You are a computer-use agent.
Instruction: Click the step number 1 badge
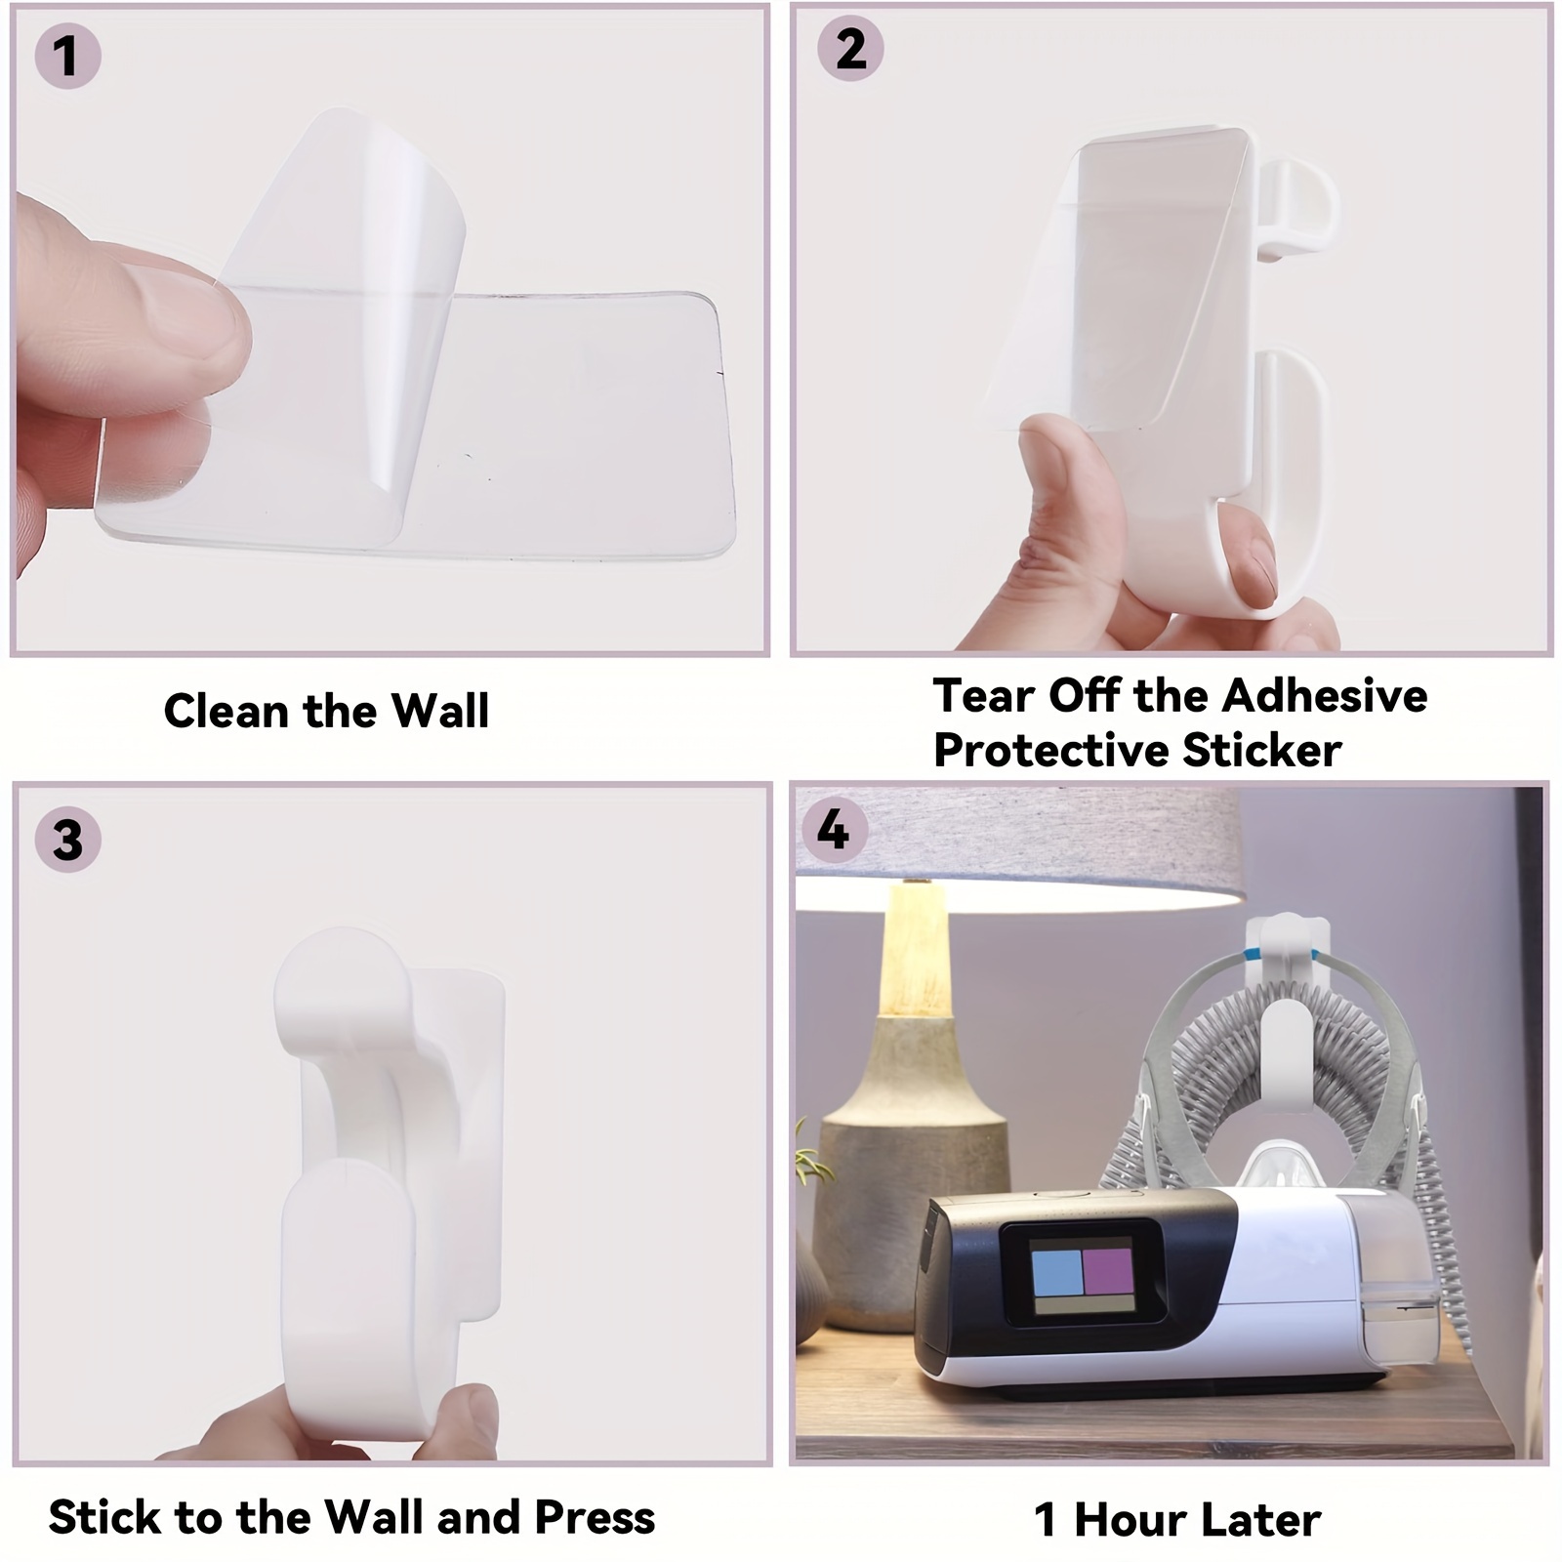pyautogui.click(x=67, y=57)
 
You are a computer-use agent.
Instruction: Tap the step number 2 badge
pyautogui.click(x=849, y=48)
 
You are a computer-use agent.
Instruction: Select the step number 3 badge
pyautogui.click(x=67, y=839)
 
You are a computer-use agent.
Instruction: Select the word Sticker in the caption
pyautogui.click(x=1261, y=751)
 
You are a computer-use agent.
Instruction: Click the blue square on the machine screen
pyautogui.click(x=1057, y=1270)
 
